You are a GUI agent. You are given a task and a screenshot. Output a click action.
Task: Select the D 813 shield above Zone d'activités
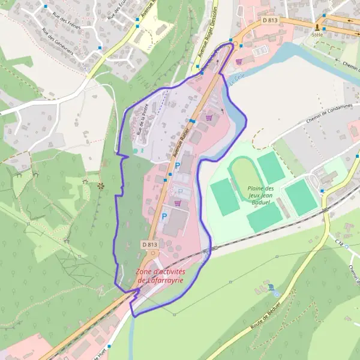pyautogui.click(x=150, y=245)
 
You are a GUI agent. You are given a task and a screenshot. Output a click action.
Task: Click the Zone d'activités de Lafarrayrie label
pyautogui.click(x=160, y=276)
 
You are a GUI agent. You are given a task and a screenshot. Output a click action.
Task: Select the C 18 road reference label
pyautogui.click(x=341, y=243)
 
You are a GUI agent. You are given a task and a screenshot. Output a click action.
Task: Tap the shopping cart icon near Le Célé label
pyautogui.click(x=239, y=61)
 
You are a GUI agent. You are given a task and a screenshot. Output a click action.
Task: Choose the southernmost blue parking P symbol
pyautogui.click(x=164, y=217)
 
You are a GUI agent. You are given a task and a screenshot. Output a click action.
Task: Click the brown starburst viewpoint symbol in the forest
pyautogui.click(x=100, y=185)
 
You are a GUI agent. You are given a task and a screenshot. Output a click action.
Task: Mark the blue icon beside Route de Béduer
pyautogui.click(x=271, y=287)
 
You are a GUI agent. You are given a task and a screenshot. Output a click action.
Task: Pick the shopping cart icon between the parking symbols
pyautogui.click(x=178, y=203)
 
